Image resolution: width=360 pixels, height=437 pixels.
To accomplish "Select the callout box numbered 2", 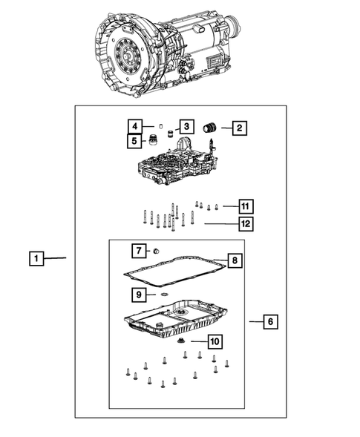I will pos(238,128).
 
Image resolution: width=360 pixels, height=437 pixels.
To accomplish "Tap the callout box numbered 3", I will pos(186,127).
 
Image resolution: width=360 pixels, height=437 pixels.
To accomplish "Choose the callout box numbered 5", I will pos(134,139).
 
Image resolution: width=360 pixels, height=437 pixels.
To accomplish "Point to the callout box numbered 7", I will pos(138,249).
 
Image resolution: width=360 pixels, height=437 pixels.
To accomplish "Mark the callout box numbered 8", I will pos(234,260).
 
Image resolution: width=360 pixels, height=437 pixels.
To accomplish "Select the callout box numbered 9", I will pos(138,295).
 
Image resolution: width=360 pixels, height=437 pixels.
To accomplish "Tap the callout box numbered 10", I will pos(215,341).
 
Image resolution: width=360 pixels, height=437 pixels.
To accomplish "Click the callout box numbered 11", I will pos(246,206).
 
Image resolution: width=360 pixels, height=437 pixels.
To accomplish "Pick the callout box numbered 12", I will pos(246,222).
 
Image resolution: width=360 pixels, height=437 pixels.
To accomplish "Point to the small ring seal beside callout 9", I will pos(163,295).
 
